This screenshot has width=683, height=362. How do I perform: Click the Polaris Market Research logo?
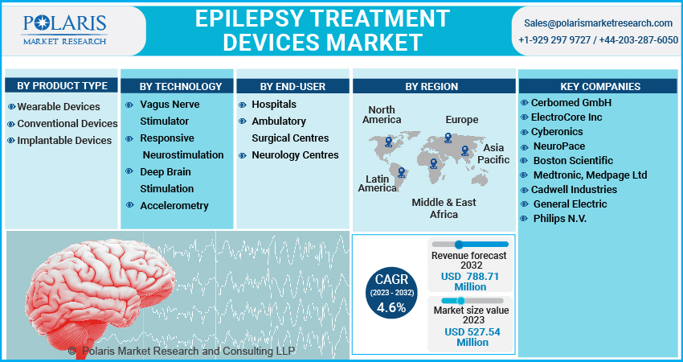(x=64, y=30)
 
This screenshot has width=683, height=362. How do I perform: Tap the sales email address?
(x=598, y=23)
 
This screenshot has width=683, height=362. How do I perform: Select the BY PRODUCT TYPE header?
(x=62, y=85)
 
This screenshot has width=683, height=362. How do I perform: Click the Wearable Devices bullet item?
(x=54, y=107)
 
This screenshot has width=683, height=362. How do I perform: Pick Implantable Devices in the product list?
(x=59, y=141)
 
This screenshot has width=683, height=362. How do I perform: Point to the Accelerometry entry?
(x=167, y=205)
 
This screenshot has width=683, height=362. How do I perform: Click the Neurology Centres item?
(x=288, y=154)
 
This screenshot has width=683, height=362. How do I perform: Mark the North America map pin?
(x=389, y=142)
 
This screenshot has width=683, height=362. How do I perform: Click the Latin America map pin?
(x=401, y=173)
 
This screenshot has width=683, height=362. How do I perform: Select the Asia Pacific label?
(x=493, y=154)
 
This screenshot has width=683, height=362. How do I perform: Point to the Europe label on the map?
(x=462, y=120)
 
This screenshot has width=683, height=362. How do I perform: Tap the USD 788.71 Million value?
(x=470, y=282)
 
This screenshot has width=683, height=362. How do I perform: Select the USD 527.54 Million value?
(x=472, y=337)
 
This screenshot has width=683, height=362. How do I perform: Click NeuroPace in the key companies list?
(x=553, y=146)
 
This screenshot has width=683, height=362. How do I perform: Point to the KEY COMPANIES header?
(x=600, y=86)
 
